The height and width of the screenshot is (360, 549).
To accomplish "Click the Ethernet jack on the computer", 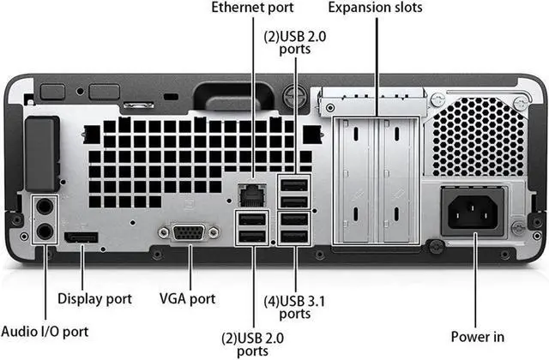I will (x=251, y=194).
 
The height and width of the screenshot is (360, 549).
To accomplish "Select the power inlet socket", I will (x=472, y=211).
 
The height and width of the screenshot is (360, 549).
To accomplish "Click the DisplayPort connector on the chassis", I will (x=82, y=237).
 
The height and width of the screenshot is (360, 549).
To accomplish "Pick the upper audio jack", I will (x=43, y=207).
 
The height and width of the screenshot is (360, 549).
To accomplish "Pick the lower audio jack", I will (x=43, y=230).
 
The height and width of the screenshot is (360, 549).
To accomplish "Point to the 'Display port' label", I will (x=94, y=298).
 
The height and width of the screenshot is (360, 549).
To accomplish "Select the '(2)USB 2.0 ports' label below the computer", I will (x=252, y=342).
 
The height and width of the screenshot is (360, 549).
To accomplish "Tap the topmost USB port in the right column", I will (x=294, y=184).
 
